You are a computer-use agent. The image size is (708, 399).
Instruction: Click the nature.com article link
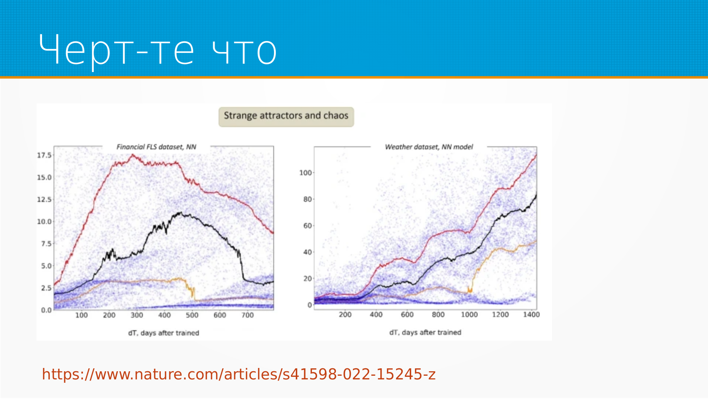pyautogui.click(x=239, y=374)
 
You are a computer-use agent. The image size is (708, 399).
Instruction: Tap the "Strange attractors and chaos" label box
pyautogui.click(x=286, y=117)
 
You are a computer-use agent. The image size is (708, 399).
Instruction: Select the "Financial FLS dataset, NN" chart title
pyautogui.click(x=156, y=147)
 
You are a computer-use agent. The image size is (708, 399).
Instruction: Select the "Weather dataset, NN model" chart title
pyautogui.click(x=429, y=147)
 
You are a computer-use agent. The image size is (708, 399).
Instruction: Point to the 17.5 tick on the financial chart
pyautogui.click(x=44, y=155)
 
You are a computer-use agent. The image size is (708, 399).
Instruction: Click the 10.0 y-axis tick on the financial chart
pyautogui.click(x=44, y=222)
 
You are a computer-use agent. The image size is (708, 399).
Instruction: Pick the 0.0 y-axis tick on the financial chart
pyautogui.click(x=46, y=310)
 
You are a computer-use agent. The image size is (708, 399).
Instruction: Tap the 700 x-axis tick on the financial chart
pyautogui.click(x=247, y=315)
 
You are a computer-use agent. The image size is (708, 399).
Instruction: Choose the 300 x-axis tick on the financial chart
pyautogui.click(x=137, y=315)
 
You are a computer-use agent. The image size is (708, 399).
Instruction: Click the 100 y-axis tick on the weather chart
pyautogui.click(x=306, y=173)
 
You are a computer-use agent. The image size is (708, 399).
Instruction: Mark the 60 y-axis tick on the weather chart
pyautogui.click(x=308, y=226)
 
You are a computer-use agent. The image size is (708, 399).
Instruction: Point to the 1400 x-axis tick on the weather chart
pyautogui.click(x=531, y=314)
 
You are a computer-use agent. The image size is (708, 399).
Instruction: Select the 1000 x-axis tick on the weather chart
pyautogui.click(x=469, y=314)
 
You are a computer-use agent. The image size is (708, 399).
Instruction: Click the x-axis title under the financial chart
pyautogui.click(x=164, y=333)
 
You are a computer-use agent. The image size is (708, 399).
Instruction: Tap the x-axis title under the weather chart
pyautogui.click(x=425, y=332)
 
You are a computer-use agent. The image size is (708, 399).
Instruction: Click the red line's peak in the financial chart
pyautogui.click(x=132, y=155)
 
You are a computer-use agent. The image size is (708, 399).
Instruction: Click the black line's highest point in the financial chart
pyautogui.click(x=180, y=212)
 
